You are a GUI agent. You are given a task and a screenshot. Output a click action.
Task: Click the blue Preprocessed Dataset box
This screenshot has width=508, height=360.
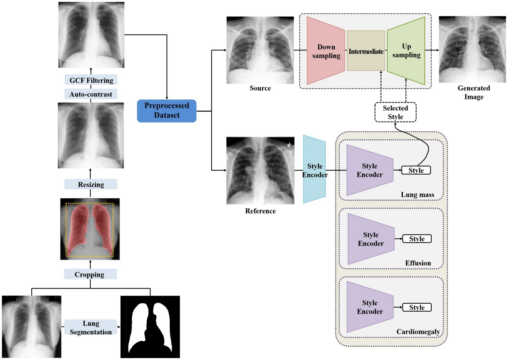(167, 111)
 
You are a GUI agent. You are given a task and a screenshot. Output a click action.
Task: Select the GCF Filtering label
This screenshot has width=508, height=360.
(91, 80)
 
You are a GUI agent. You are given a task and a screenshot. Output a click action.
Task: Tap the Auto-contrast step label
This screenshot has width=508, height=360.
(91, 94)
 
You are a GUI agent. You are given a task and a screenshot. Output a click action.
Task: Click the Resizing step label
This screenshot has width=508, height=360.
(91, 185)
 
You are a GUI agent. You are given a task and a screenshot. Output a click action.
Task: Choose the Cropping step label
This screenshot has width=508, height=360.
(90, 275)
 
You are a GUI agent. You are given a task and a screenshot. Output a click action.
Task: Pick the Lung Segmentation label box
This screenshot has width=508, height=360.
(91, 327)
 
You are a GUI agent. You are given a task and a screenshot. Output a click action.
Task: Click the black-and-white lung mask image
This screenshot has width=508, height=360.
(150, 327)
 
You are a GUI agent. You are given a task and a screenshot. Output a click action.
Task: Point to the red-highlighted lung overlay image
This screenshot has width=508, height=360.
(90, 229)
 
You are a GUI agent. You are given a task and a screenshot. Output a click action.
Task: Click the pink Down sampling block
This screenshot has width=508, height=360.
(326, 51)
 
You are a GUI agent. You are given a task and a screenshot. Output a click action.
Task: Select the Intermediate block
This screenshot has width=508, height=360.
(366, 51)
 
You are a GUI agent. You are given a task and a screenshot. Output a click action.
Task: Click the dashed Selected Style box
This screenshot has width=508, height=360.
(395, 112)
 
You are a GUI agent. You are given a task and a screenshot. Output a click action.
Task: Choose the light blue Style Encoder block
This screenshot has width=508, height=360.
(314, 170)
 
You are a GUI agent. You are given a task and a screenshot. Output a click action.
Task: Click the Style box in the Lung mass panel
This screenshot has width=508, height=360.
(416, 171)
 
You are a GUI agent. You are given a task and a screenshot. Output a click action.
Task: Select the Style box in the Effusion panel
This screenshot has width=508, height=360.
(417, 239)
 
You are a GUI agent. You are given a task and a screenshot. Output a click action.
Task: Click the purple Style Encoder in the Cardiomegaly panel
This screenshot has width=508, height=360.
(370, 307)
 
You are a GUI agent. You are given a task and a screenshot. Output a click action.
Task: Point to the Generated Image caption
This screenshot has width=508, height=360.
(474, 92)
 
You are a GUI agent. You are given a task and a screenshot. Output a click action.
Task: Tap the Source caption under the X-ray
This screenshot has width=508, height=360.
(260, 88)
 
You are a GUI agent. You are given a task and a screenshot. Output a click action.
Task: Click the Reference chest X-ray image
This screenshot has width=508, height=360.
(260, 171)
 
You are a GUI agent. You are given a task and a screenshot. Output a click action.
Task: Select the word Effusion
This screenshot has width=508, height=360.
(418, 263)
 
